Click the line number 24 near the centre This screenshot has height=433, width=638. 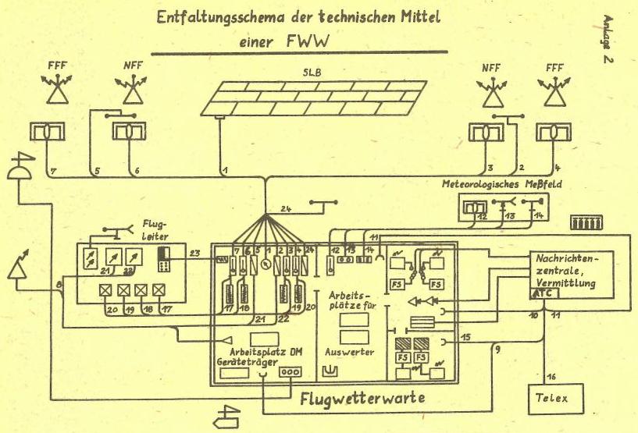click(287, 208)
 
